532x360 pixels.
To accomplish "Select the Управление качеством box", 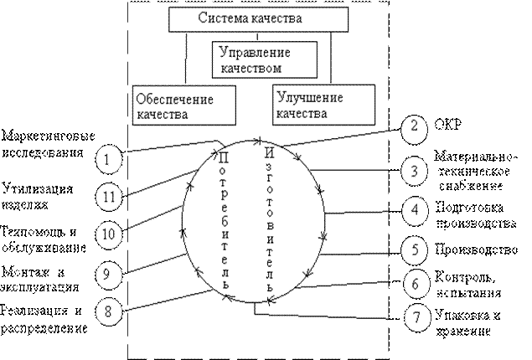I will click(264, 58).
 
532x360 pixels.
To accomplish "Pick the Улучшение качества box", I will click(312, 105).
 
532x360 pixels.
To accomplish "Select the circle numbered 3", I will click(414, 172).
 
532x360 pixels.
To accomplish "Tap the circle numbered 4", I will click(414, 209).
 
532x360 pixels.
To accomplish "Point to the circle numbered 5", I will click(414, 249).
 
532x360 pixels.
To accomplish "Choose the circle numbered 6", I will click(414, 284).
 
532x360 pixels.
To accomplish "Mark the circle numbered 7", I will click(414, 319).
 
